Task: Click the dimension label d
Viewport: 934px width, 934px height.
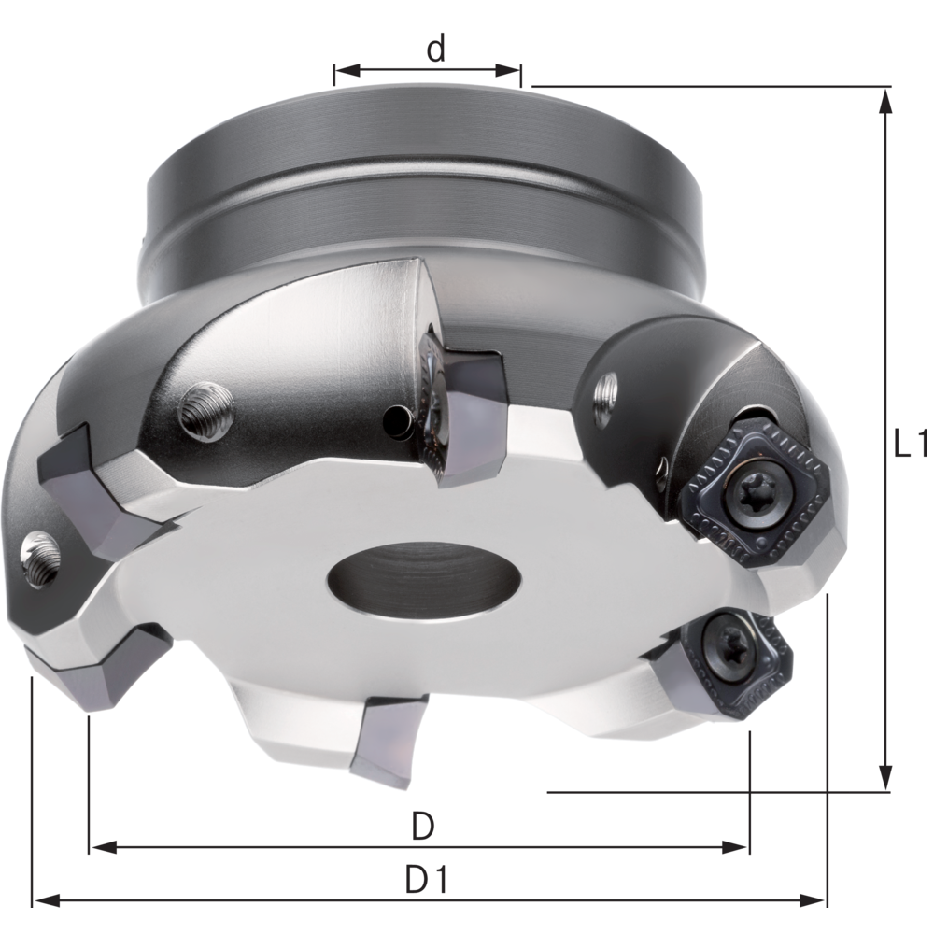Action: pos(435,50)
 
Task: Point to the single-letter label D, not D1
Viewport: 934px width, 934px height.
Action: pos(423,826)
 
